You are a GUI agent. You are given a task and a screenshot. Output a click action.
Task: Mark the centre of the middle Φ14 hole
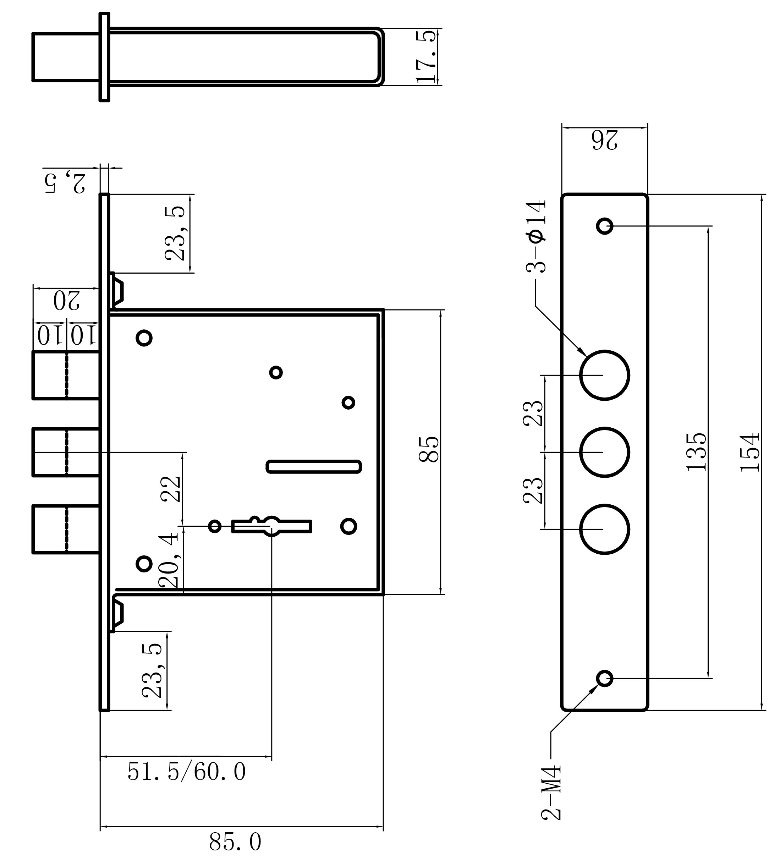pyautogui.click(x=604, y=452)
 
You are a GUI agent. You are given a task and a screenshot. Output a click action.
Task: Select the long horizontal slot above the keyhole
pyautogui.click(x=314, y=466)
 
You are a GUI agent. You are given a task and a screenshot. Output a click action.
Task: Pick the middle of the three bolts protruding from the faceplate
pyautogui.click(x=66, y=452)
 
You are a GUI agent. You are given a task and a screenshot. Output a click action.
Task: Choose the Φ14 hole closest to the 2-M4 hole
pyautogui.click(x=604, y=529)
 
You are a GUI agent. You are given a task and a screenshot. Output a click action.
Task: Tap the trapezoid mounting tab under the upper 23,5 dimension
pyautogui.click(x=116, y=290)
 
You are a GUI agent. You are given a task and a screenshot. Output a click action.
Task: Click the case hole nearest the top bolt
pyautogui.click(x=144, y=338)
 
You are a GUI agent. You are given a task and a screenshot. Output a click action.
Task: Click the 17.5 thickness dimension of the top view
pyautogui.click(x=427, y=56)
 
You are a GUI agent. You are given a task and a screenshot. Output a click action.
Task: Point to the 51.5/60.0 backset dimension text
pyautogui.click(x=187, y=772)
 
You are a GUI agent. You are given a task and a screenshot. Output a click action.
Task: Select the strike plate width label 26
pyautogui.click(x=605, y=140)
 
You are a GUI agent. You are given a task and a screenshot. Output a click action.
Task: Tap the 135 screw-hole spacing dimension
pyautogui.click(x=696, y=452)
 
